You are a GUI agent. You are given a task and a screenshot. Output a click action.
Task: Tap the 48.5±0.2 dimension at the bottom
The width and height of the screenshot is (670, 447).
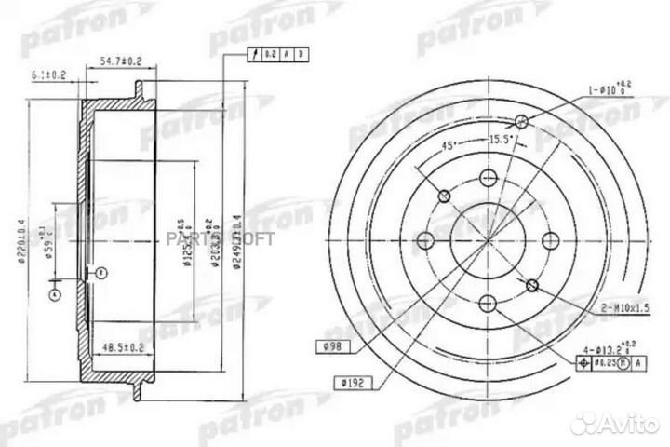pos(120,347)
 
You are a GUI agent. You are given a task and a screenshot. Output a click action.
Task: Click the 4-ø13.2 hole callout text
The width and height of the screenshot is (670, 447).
pos(597,348)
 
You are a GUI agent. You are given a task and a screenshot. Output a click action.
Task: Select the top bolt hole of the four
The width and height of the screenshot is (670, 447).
pos(487,178)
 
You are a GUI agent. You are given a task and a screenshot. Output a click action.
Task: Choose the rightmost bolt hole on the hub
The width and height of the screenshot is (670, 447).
pos(548,239)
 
